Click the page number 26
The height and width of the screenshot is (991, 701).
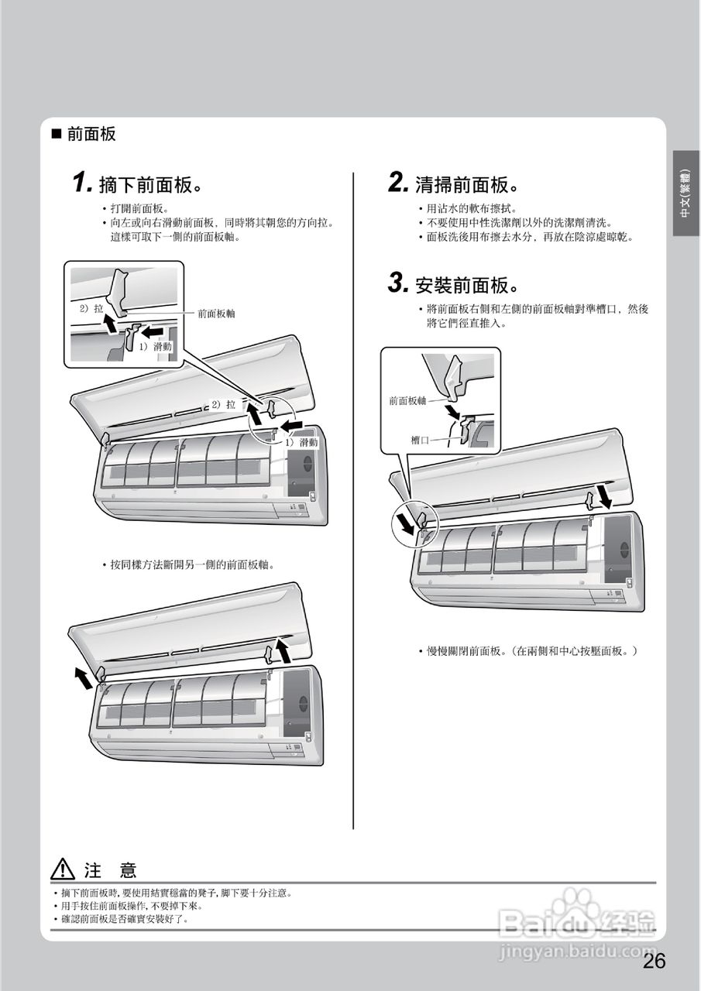coord(654,961)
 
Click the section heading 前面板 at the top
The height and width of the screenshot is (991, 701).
coord(91,134)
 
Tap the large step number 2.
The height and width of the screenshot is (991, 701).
coord(398,183)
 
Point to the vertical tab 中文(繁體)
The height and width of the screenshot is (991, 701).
coord(686,193)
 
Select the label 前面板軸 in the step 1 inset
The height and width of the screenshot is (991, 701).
coord(216,314)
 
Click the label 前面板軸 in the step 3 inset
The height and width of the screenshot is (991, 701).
coord(407,400)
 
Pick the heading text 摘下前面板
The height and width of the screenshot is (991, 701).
coord(146,185)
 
